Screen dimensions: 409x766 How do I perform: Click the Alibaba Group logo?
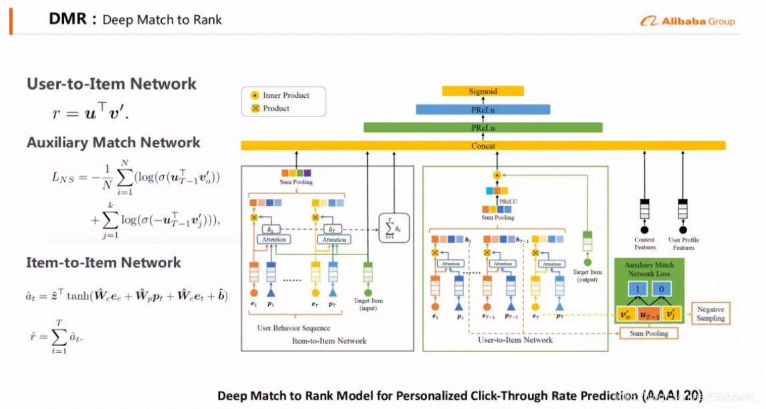[x=688, y=21]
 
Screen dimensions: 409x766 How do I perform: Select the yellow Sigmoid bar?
[x=483, y=91]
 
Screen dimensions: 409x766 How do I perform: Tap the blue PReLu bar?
[x=483, y=109]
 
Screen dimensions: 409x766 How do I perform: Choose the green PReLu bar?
[x=483, y=127]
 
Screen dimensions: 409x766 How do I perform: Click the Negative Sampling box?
[x=711, y=314]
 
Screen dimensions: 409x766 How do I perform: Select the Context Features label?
[x=645, y=243]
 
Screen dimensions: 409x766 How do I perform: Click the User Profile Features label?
[x=684, y=243]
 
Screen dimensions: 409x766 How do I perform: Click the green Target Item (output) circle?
[x=588, y=263]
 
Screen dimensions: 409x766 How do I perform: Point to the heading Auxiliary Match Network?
[x=114, y=143]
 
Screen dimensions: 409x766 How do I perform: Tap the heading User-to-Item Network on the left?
[x=112, y=84]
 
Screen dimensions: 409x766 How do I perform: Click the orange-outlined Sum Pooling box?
[x=648, y=333]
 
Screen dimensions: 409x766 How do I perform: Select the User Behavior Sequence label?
[x=293, y=328]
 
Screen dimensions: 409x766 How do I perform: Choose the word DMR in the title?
[x=68, y=19]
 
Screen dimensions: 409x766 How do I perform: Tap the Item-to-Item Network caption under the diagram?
[x=330, y=341]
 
